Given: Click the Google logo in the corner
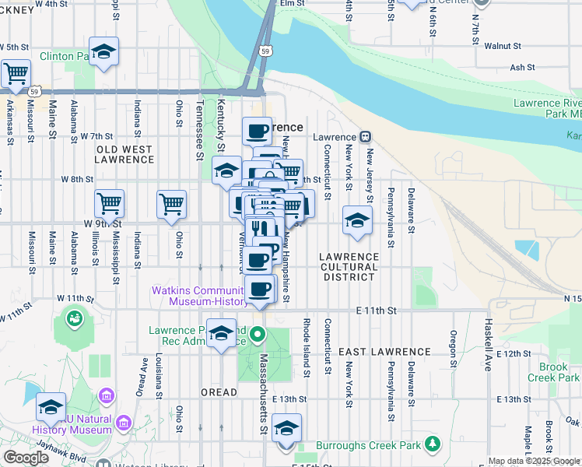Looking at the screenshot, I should (x=26, y=458).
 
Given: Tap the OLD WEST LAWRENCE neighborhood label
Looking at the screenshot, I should (x=124, y=153).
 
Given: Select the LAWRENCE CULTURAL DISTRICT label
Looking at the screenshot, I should (x=349, y=262).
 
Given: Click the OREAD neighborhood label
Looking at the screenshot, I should (x=219, y=392).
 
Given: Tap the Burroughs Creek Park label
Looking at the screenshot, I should (x=369, y=445).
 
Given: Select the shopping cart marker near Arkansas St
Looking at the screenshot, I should (x=16, y=74).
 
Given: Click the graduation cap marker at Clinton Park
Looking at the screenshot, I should (x=103, y=52).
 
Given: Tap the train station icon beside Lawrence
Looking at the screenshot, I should (x=366, y=137).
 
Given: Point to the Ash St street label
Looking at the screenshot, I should (x=523, y=68).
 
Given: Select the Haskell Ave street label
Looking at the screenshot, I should (x=489, y=348).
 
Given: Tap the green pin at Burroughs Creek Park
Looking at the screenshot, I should (x=433, y=445).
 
